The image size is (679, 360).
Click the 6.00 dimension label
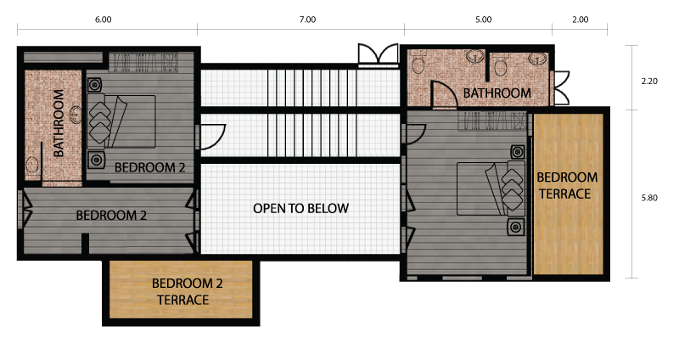coord(103,20)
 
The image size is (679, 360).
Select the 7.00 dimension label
coord(307,20)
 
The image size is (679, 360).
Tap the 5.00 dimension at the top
coord(483,20)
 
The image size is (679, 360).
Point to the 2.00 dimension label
coord(581,20)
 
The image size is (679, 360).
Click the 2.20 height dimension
coord(649,81)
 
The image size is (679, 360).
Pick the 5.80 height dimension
coord(649,198)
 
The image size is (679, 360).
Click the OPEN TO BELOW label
coord(301,208)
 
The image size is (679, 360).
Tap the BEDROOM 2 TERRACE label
coord(187,291)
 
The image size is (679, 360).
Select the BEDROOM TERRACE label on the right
coord(567,185)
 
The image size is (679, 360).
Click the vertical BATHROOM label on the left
coord(59,123)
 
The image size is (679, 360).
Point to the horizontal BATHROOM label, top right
coord(497,93)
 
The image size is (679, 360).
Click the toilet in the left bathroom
coord(32,166)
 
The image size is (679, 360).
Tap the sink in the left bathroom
coord(76,115)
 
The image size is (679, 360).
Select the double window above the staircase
coord(378,54)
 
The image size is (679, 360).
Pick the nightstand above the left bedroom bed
coord(94,85)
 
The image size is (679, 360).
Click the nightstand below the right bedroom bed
coord(516,227)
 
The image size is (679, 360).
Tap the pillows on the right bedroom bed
coord(513,189)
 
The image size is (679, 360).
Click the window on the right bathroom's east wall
coord(559,88)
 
